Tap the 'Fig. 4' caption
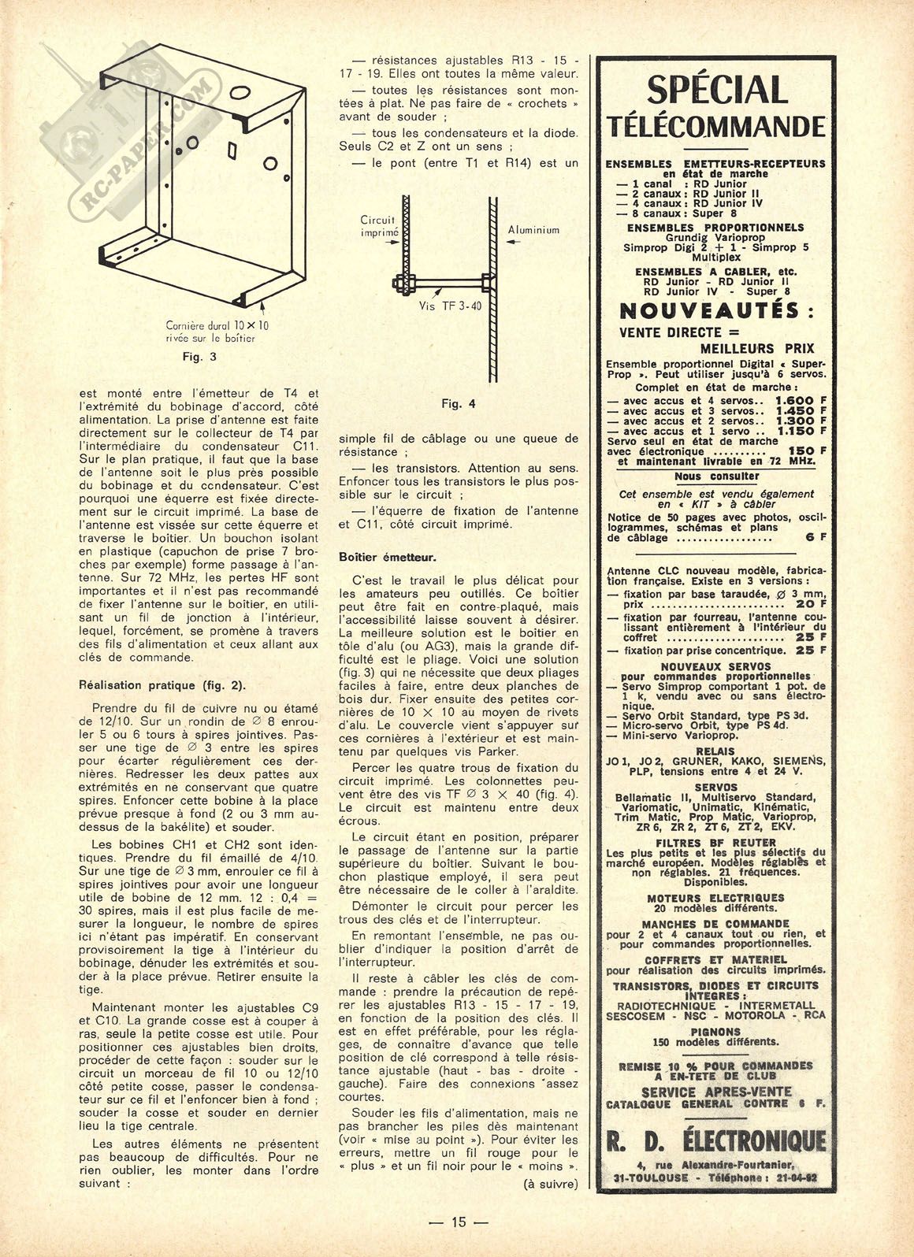click(459, 404)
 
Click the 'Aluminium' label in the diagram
click(533, 230)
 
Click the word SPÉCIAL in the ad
click(716, 90)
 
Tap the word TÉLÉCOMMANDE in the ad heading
click(716, 126)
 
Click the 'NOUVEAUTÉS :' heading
click(716, 310)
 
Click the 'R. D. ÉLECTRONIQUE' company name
click(716, 1140)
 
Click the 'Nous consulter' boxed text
click(716, 476)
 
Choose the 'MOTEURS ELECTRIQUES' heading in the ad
click(716, 897)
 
